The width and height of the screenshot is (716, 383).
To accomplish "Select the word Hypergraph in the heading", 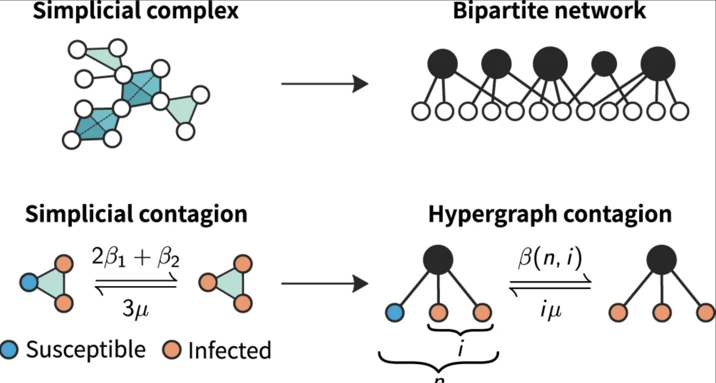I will [493, 214].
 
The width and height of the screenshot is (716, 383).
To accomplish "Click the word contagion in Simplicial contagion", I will [193, 214].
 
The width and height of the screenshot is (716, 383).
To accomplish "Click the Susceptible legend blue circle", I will [9, 349].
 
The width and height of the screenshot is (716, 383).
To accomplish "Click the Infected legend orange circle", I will [172, 349].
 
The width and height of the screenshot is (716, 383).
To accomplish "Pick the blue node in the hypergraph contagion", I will [395, 313].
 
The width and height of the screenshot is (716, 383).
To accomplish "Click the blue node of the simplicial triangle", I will [29, 283].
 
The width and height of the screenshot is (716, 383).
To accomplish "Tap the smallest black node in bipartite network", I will [604, 64].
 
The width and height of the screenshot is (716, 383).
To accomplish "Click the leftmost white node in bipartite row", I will [421, 111].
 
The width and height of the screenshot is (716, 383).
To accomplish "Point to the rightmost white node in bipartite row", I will [680, 111].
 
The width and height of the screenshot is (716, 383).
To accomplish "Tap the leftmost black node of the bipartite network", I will [442, 64].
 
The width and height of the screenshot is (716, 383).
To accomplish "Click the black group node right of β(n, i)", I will [661, 260].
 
